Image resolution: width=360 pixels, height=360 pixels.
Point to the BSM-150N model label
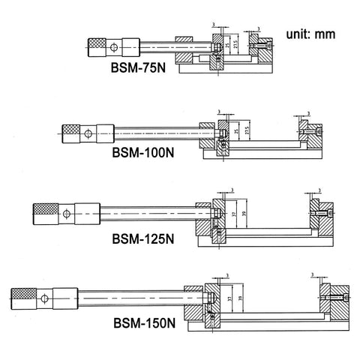click(x=145, y=325)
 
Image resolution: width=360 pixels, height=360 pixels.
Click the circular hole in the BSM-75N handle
click(x=113, y=47)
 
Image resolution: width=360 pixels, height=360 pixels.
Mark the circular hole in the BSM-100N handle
click(x=88, y=135)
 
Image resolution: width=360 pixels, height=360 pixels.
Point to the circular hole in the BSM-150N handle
click(x=47, y=299)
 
